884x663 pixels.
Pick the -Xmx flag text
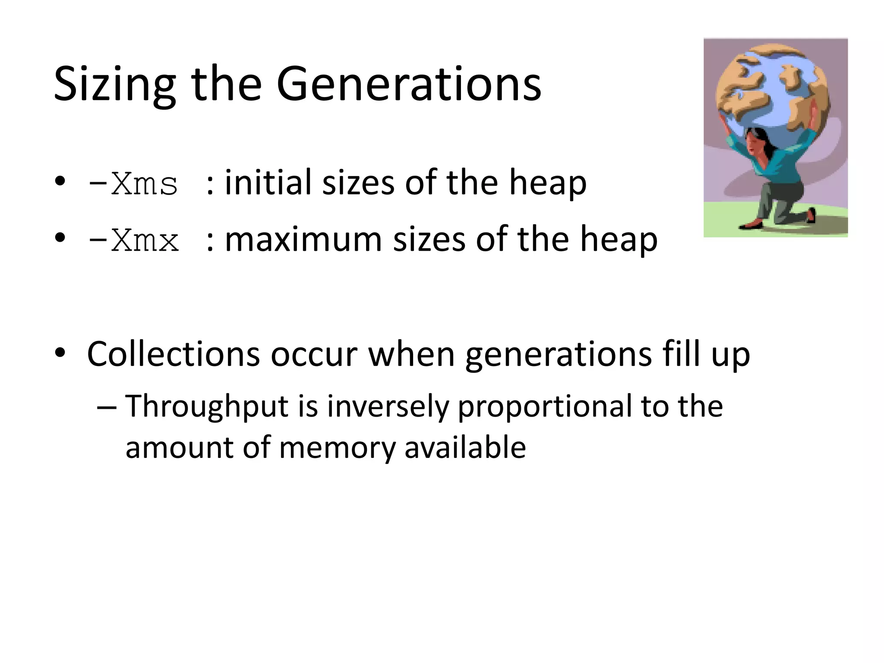click(133, 241)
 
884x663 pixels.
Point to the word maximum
click(303, 239)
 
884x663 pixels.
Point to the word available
click(465, 447)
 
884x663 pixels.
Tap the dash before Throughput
click(106, 407)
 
